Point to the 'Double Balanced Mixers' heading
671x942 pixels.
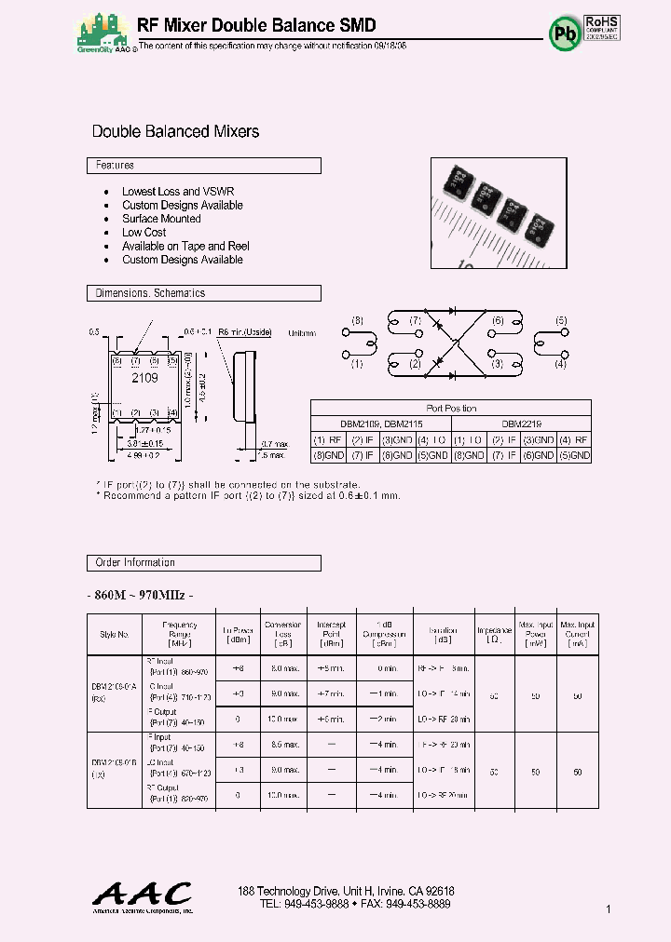pyautogui.click(x=175, y=132)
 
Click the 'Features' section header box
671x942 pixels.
pyautogui.click(x=203, y=166)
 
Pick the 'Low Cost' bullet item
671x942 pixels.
pyautogui.click(x=144, y=233)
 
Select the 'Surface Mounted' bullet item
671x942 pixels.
pyautogui.click(x=161, y=219)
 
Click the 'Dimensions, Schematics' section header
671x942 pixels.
pyautogui.click(x=203, y=293)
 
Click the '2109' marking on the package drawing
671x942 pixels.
pyautogui.click(x=144, y=378)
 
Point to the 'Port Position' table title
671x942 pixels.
pyautogui.click(x=450, y=409)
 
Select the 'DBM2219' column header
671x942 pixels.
pyautogui.click(x=521, y=424)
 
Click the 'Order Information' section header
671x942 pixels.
pyautogui.click(x=203, y=563)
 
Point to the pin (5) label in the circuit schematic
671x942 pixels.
pyautogui.click(x=561, y=321)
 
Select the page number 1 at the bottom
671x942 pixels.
pyautogui.click(x=609, y=908)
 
